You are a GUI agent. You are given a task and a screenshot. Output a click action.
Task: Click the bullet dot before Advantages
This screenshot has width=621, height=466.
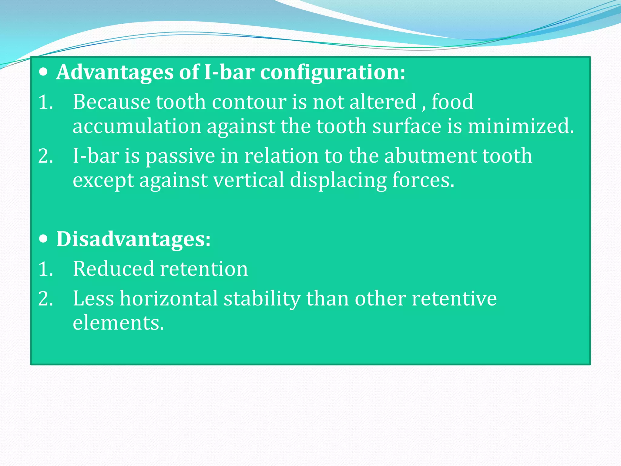point(44,72)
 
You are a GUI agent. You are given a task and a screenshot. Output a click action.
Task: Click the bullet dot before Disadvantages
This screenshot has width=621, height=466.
point(44,239)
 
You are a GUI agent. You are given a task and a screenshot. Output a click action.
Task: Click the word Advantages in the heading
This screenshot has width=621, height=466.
point(115,73)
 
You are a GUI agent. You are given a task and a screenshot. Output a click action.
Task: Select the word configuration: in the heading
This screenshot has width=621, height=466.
point(332,73)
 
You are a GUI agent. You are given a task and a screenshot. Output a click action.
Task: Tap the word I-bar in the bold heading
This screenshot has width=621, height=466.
point(229,72)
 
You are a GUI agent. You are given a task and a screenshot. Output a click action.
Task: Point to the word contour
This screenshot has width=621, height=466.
point(249,102)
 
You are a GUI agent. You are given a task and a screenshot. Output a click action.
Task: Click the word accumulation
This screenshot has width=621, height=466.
point(137,126)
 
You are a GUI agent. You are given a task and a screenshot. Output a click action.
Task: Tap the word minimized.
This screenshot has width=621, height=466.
point(521,126)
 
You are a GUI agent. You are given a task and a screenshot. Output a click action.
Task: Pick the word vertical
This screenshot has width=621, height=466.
point(248,180)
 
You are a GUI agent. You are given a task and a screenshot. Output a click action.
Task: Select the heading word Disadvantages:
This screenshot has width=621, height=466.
point(133,239)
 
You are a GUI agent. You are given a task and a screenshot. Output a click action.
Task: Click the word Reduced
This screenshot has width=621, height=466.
point(113,269)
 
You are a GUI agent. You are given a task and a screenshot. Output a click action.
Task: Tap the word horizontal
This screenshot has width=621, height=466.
point(169,299)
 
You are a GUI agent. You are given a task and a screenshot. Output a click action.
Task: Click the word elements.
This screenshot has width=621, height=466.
point(118,323)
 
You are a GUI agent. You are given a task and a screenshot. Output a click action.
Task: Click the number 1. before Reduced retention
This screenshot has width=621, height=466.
point(46,269)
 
